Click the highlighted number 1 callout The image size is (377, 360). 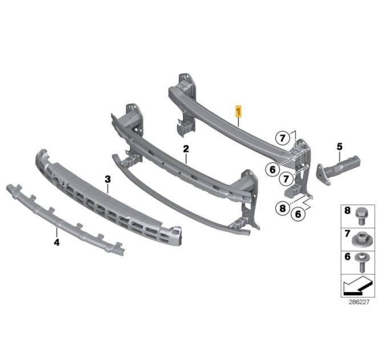click(x=238, y=112)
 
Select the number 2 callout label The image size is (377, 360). click(x=186, y=149)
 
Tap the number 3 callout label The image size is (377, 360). click(x=107, y=179)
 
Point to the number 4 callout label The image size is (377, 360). click(x=56, y=243)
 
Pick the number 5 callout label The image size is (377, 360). click(x=339, y=146)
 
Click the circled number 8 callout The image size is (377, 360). click(x=282, y=208)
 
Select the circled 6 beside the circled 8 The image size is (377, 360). click(x=298, y=214)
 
